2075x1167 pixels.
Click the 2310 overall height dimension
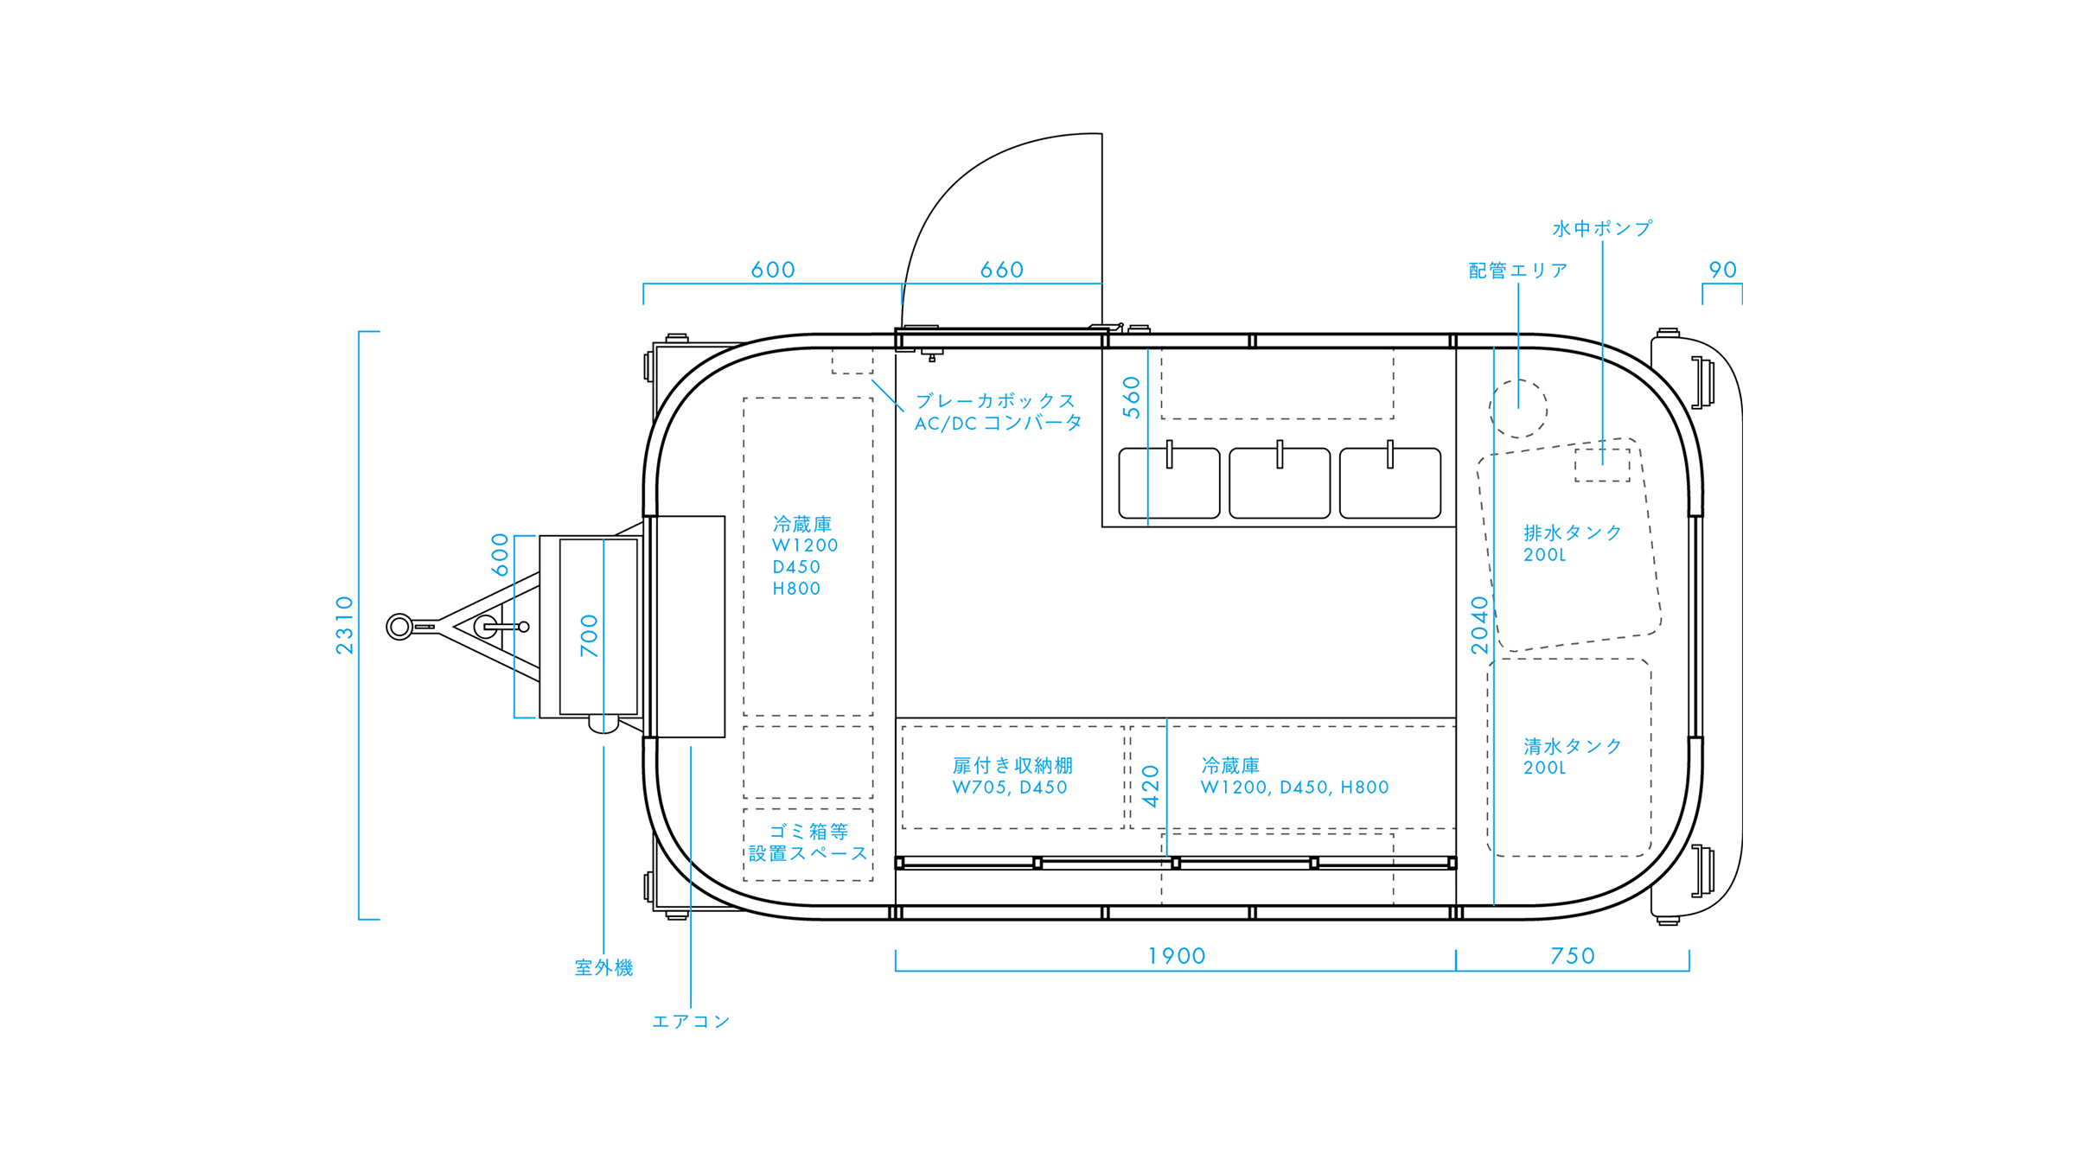(345, 625)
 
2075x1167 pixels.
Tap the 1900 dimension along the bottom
(1176, 956)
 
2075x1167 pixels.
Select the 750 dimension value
(1572, 956)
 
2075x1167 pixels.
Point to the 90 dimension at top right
(1722, 270)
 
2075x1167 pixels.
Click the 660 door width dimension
(1001, 270)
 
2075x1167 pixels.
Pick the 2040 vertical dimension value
(1479, 625)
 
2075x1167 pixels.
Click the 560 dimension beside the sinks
(1132, 398)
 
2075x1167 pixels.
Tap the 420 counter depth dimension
(1151, 787)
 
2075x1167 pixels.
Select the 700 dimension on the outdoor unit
(589, 635)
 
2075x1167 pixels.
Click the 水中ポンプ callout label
(1602, 228)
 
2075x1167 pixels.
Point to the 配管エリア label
(1518, 271)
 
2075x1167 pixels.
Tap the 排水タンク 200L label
(1572, 543)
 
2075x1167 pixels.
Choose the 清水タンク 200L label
(1572, 756)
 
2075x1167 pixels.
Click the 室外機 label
(603, 967)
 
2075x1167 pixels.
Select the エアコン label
(691, 1021)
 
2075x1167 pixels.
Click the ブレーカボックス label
(996, 401)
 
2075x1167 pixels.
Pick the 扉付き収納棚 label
(1012, 766)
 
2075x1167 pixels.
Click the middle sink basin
(1280, 484)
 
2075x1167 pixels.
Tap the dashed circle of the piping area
(1518, 409)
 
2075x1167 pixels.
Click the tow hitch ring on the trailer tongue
(399, 626)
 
